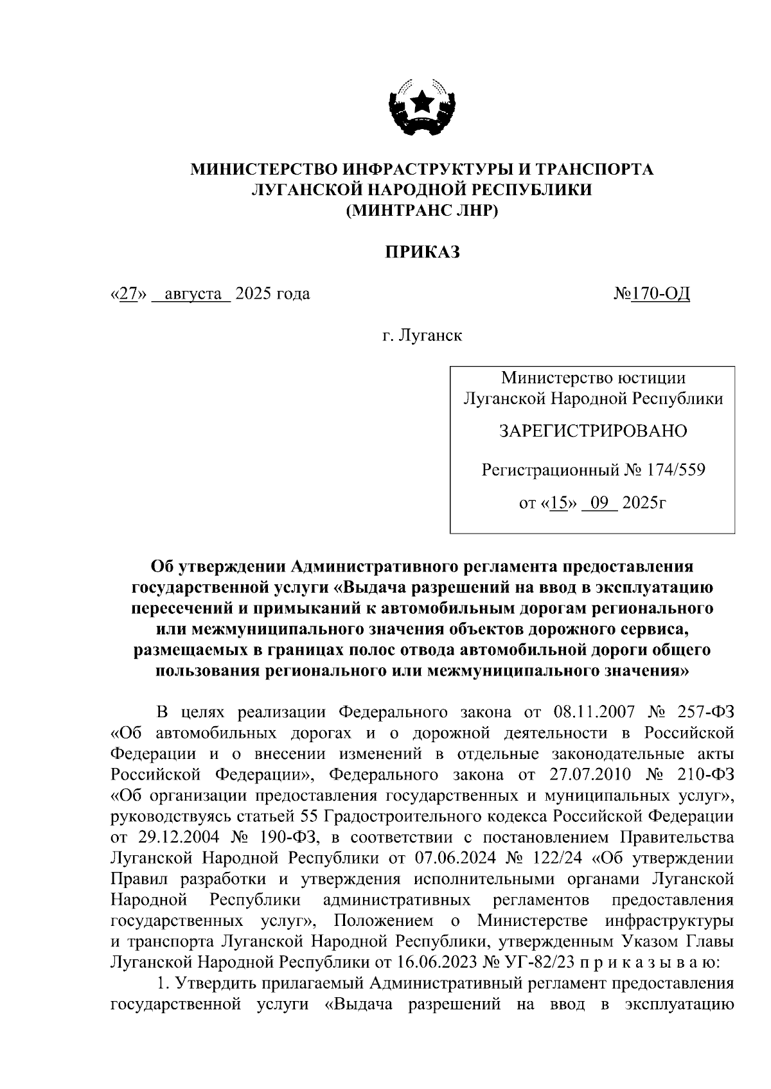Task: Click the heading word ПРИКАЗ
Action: [x=422, y=252]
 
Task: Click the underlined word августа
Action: [x=191, y=294]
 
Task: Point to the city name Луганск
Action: [x=430, y=335]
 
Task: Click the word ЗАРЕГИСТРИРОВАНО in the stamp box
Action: [x=593, y=431]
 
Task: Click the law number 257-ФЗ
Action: [x=705, y=712]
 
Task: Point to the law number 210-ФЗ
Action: [x=705, y=774]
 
